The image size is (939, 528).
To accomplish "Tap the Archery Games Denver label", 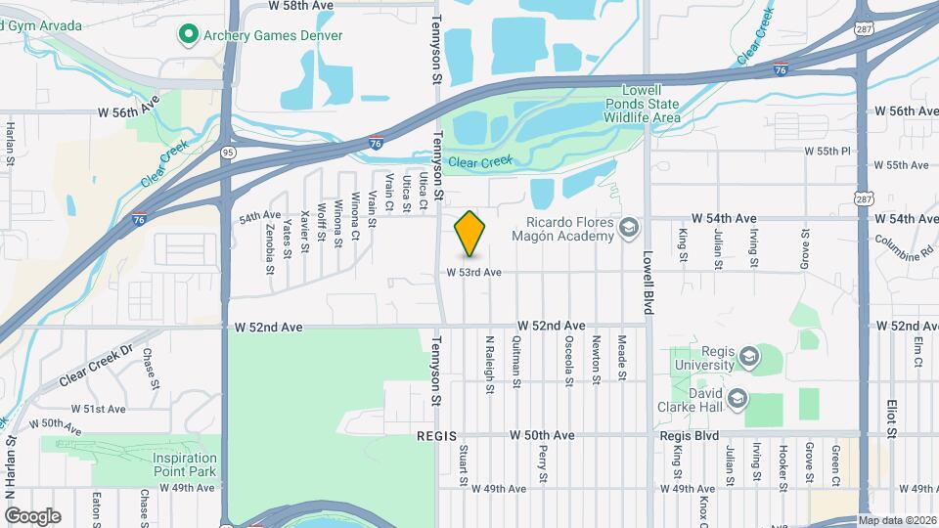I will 259,36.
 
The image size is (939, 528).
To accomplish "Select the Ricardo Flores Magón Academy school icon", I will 629,229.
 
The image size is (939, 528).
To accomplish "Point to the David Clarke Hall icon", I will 738,398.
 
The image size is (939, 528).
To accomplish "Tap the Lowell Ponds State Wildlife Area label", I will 642,103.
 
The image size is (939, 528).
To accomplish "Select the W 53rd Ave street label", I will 474,273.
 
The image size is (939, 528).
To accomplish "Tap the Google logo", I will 32,516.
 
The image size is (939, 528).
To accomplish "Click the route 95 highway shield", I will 228,152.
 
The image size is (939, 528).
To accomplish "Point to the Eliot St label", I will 891,415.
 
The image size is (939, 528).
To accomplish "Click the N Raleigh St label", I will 488,366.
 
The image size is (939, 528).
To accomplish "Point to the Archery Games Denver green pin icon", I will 187,36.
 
